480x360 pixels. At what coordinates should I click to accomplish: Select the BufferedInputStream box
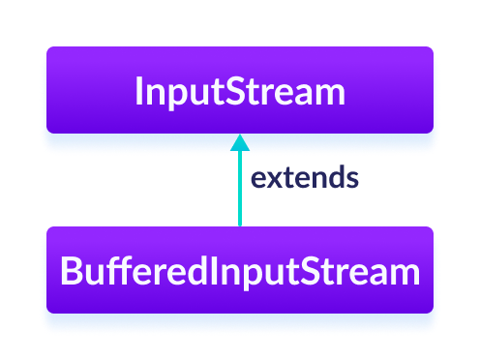(x=240, y=271)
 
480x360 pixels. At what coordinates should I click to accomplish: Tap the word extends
(x=305, y=178)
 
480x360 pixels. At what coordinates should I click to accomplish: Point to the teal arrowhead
(x=240, y=141)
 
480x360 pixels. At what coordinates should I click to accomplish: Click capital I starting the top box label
(x=138, y=92)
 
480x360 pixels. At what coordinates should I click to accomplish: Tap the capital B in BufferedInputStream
(x=69, y=272)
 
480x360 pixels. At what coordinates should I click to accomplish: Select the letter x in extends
(x=275, y=179)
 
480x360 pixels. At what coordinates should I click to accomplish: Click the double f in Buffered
(x=122, y=271)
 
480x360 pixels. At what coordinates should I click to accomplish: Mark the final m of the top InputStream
(x=330, y=93)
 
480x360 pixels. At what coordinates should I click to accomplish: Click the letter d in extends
(x=337, y=178)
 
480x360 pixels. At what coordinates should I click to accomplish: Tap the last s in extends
(x=353, y=179)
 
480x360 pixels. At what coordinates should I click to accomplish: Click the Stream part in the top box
(x=285, y=92)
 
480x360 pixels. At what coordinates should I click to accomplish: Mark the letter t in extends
(x=290, y=178)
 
